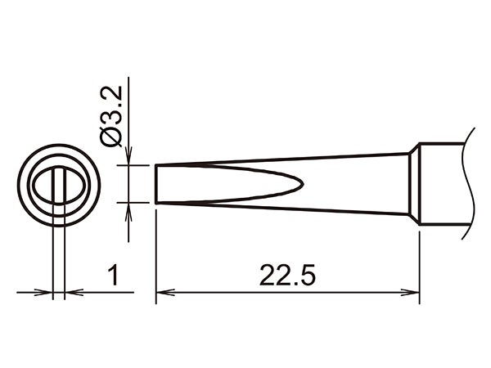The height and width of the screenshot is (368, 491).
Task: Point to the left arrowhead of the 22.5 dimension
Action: point(161,291)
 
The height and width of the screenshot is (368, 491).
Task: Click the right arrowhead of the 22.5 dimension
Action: point(414,291)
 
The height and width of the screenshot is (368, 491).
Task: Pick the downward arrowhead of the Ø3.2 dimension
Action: point(128,157)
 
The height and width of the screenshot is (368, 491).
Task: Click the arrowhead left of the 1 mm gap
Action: point(47,291)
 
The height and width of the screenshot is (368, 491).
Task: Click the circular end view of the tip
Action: point(59,186)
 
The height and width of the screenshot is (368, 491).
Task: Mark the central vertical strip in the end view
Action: point(59,186)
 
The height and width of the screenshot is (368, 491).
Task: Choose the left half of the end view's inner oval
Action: point(43,186)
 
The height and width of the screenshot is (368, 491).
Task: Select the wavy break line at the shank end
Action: point(469,184)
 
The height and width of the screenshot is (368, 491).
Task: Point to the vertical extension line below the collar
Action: point(419,262)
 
